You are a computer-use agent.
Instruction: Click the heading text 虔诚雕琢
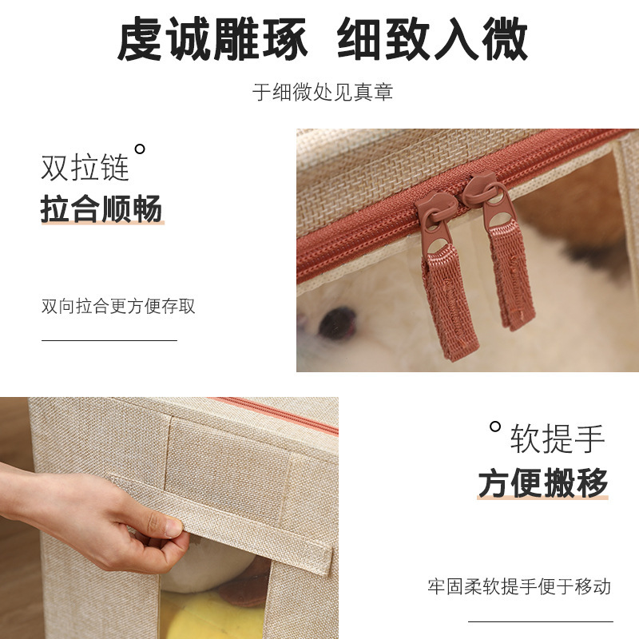213,40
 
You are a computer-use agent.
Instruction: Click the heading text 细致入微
432,40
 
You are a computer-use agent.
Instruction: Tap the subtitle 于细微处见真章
323,92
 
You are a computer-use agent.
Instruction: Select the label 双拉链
85,169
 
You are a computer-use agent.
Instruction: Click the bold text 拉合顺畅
101,209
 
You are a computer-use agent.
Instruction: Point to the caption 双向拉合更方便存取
118,306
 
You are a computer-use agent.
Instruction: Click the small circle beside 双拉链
140,149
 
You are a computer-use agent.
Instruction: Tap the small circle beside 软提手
495,427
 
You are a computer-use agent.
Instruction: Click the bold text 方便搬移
543,482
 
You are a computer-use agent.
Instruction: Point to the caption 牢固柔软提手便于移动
519,587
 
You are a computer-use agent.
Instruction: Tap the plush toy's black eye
335,322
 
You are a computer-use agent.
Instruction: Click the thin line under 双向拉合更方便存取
109,340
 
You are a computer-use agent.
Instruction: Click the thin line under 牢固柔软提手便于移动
540,621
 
